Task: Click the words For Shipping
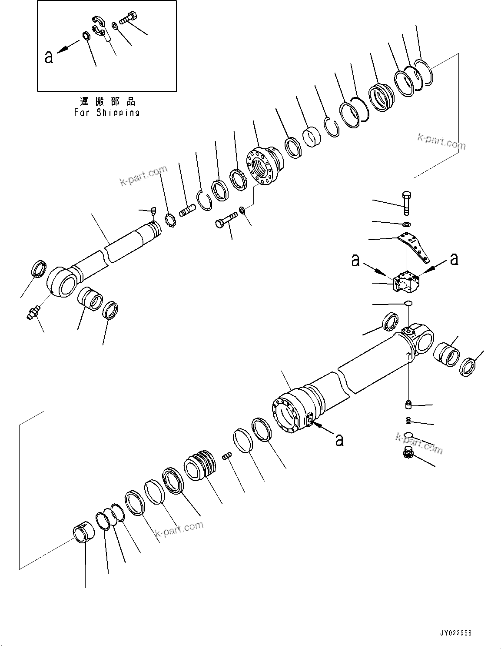[107, 113]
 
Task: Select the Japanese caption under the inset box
[107, 102]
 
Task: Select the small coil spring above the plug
[408, 420]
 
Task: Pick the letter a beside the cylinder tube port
[339, 439]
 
